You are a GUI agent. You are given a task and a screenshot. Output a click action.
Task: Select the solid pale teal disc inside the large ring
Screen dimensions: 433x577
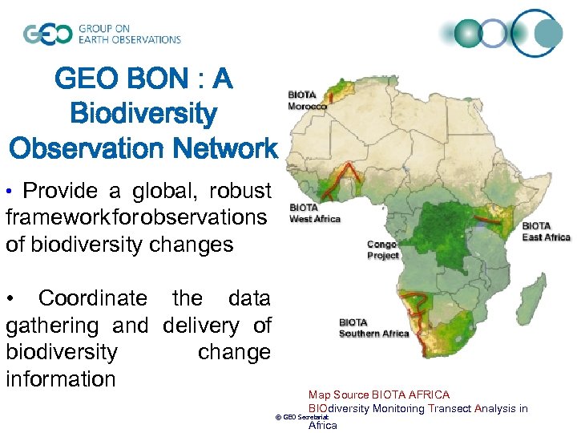(549, 34)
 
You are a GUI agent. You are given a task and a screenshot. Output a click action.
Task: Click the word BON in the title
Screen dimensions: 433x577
(161, 79)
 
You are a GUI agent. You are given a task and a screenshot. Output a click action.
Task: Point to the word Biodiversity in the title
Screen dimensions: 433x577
(143, 114)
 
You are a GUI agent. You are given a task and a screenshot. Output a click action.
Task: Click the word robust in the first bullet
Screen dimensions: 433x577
(240, 191)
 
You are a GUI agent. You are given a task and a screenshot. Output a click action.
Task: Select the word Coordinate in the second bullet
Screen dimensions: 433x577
(93, 298)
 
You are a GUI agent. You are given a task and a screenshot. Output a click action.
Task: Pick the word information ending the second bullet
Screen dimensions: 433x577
(61, 378)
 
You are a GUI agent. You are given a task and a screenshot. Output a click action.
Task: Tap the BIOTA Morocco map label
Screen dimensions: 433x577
(308, 100)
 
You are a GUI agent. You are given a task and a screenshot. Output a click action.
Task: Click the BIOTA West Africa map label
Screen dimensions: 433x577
(314, 213)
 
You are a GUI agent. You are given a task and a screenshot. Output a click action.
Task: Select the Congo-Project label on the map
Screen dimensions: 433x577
(382, 249)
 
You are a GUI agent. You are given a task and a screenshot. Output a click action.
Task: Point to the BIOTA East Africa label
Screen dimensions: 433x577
(546, 232)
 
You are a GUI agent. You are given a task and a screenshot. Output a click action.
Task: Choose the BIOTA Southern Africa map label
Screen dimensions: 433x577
(373, 329)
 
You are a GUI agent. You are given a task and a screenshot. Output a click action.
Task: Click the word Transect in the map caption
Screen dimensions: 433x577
(453, 408)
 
